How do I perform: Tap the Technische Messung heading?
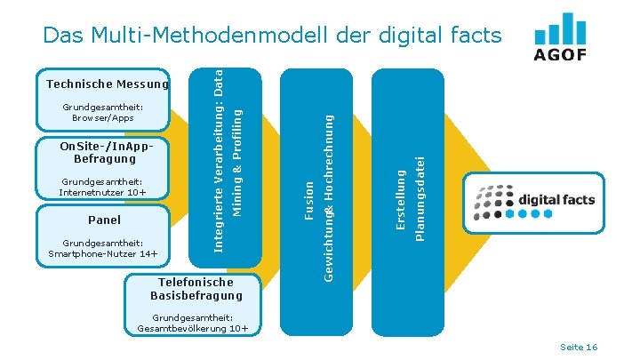tap(108, 84)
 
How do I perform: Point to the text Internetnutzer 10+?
tap(102, 192)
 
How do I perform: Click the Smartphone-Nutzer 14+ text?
tap(103, 254)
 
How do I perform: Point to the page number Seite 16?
tap(580, 347)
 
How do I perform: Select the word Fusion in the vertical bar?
tap(309, 200)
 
